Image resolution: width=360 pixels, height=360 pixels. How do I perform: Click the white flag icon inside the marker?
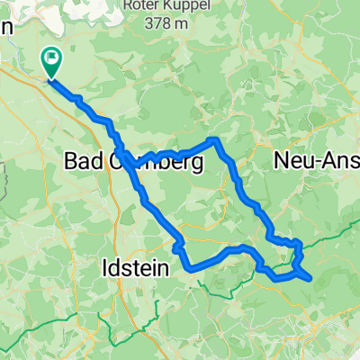[x=53, y=60]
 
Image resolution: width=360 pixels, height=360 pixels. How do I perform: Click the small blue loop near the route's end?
[x=292, y=266]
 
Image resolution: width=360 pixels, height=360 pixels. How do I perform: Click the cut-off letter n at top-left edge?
[x=4, y=28]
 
